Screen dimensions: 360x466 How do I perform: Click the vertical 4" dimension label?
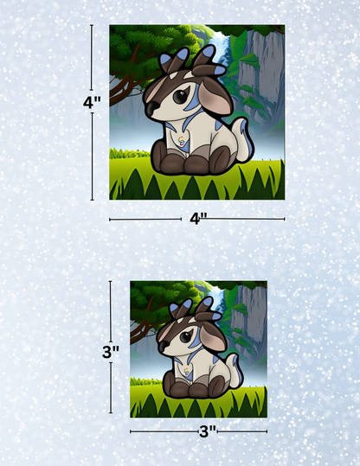pyautogui.click(x=92, y=103)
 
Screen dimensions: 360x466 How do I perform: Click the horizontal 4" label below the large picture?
pyautogui.click(x=198, y=219)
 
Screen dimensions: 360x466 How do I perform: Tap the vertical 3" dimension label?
pyautogui.click(x=111, y=353)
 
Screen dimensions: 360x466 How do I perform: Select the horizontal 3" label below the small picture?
pyautogui.click(x=208, y=431)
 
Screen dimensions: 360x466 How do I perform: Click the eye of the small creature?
pyautogui.click(x=186, y=337)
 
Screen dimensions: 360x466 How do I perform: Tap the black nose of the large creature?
pyautogui.click(x=152, y=108)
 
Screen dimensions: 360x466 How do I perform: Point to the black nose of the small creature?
pyautogui.click(x=164, y=346)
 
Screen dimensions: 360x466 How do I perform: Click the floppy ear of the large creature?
pyautogui.click(x=215, y=99)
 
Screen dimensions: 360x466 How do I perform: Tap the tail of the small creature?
pyautogui.click(x=235, y=371)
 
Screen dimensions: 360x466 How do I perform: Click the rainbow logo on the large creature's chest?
pyautogui.click(x=181, y=140)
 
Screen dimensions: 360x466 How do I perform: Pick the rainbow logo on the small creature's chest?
pyautogui.click(x=187, y=372)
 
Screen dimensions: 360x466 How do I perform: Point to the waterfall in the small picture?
pyautogui.click(x=218, y=299)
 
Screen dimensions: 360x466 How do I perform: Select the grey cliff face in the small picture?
pyautogui.click(x=249, y=320)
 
